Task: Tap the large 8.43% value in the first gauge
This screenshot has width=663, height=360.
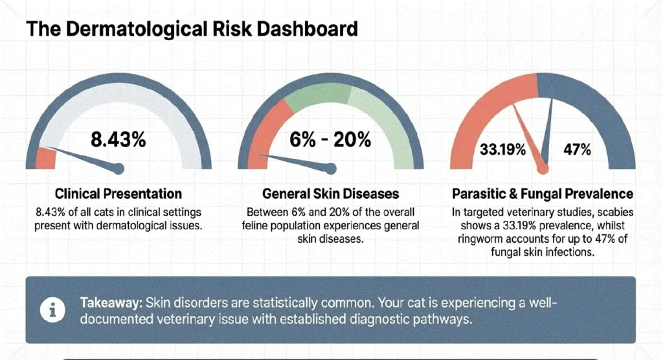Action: coord(118,140)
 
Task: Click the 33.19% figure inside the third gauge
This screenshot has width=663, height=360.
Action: coord(503,150)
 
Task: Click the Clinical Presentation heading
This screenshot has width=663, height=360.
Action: coord(118,193)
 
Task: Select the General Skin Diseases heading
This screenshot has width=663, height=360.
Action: coord(331,193)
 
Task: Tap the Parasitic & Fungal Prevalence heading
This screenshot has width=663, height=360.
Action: coord(543,193)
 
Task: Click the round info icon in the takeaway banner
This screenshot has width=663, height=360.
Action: coord(51,309)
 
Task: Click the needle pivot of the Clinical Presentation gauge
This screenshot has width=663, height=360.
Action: coord(118,170)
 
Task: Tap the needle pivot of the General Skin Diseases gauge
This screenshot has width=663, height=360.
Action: coord(331,170)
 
